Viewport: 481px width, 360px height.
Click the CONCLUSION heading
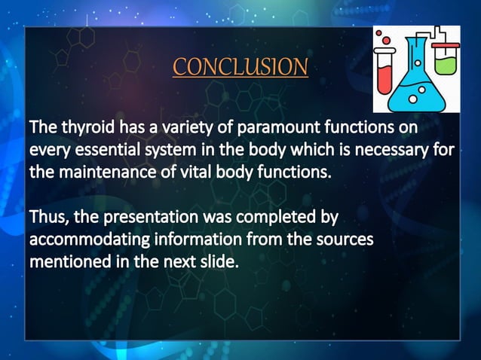pos(240,67)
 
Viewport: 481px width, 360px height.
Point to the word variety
pos(188,127)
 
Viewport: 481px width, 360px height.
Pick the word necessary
pos(392,149)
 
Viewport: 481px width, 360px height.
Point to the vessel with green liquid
pos(447,58)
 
